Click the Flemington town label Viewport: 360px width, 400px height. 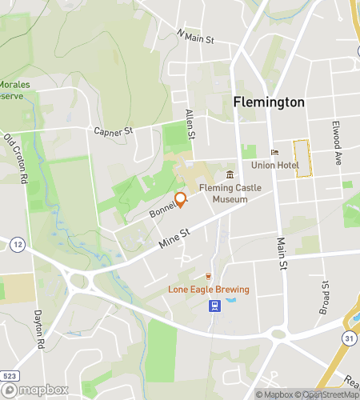pyautogui.click(x=269, y=102)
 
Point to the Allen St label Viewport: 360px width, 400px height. pyautogui.click(x=190, y=125)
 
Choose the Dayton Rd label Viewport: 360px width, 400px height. pyautogui.click(x=38, y=330)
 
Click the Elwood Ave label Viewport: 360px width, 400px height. pyautogui.click(x=338, y=142)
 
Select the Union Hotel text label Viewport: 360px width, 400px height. pyautogui.click(x=275, y=165)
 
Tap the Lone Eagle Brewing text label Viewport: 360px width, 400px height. pyautogui.click(x=208, y=290)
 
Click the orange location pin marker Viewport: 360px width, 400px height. pyautogui.click(x=181, y=200)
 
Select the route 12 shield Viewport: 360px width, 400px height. pyautogui.click(x=17, y=243)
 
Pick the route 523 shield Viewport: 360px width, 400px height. pyautogui.click(x=10, y=374)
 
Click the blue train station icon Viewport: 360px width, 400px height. pyautogui.click(x=214, y=305)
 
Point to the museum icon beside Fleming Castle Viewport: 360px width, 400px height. pyautogui.click(x=230, y=175)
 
